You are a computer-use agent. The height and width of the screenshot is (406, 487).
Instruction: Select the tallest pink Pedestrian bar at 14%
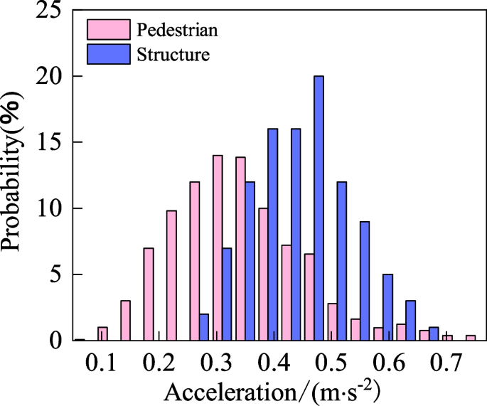pyautogui.click(x=218, y=248)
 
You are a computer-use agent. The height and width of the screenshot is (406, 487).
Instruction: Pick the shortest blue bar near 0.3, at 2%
pyautogui.click(x=204, y=327)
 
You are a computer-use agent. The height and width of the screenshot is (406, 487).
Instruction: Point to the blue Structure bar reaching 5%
pyautogui.click(x=387, y=307)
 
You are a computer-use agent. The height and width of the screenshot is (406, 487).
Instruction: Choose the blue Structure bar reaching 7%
pyautogui.click(x=227, y=294)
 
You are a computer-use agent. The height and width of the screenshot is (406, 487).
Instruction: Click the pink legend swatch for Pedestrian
pyautogui.click(x=109, y=29)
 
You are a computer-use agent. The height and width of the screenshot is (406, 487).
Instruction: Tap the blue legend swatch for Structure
pyautogui.click(x=109, y=54)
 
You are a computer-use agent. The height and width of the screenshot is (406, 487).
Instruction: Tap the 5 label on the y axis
pyautogui.click(x=56, y=274)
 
